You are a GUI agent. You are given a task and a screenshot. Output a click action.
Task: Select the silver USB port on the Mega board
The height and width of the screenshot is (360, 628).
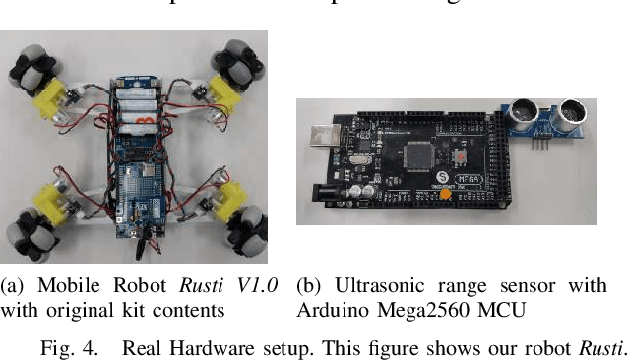[325, 138]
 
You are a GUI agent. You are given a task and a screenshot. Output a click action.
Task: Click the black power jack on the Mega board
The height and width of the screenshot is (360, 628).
[326, 186]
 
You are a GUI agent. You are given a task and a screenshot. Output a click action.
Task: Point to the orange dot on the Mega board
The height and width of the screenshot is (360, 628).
[446, 195]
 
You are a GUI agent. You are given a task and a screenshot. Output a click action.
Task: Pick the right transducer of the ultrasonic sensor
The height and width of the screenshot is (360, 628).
[568, 116]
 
